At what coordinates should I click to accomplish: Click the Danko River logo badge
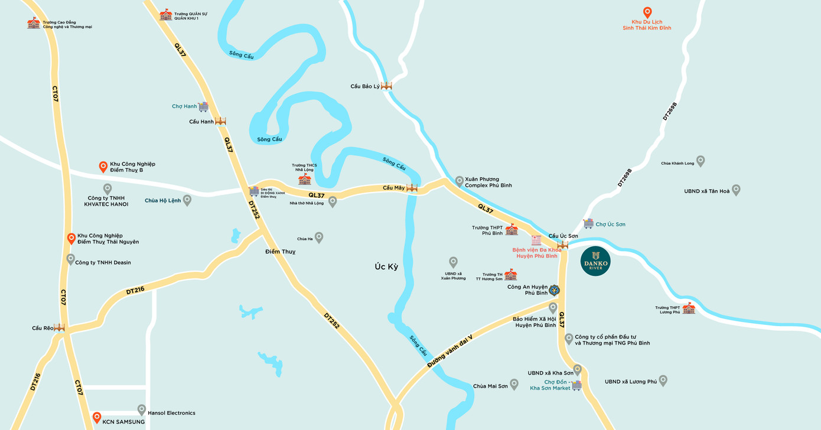click(595, 260)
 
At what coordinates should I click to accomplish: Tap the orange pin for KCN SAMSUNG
click(97, 417)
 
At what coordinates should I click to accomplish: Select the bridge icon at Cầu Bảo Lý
click(386, 86)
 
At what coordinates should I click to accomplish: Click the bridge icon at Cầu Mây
click(412, 188)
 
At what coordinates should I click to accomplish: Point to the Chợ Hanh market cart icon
click(203, 106)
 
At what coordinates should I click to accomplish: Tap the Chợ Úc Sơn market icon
click(588, 223)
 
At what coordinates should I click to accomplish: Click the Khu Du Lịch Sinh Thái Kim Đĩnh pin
click(647, 12)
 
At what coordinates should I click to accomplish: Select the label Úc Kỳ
click(386, 267)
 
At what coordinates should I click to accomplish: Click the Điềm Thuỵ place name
click(280, 252)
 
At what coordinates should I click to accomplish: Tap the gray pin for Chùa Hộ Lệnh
click(187, 200)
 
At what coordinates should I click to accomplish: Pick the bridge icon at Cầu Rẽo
click(59, 327)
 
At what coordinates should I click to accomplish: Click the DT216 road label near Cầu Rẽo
click(136, 291)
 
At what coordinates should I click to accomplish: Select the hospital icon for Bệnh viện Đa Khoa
click(536, 240)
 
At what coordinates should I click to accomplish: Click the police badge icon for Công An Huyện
click(554, 289)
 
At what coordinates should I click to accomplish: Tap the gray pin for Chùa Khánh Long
click(701, 161)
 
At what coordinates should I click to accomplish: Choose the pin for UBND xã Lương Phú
click(663, 380)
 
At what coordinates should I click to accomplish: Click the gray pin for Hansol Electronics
click(142, 409)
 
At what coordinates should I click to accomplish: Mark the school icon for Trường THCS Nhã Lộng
click(304, 179)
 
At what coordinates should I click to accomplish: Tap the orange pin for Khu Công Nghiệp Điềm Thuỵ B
click(103, 167)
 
